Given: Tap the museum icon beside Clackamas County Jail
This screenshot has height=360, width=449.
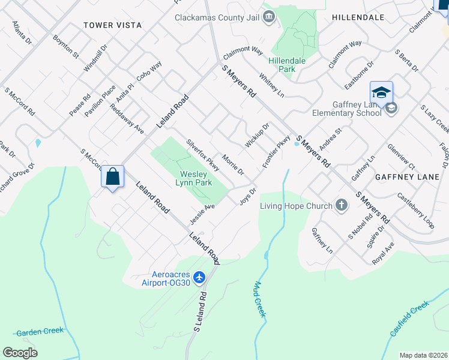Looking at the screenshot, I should pyautogui.click(x=269, y=16).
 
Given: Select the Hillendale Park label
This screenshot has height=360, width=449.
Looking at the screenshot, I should pyautogui.click(x=286, y=65).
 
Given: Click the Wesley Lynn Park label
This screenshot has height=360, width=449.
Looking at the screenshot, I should pyautogui.click(x=193, y=178).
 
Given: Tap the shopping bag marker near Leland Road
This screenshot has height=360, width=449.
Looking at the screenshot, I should pyautogui.click(x=112, y=177).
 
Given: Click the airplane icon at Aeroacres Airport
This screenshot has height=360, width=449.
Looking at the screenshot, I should pyautogui.click(x=200, y=277).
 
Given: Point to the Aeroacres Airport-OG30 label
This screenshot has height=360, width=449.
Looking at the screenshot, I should pyautogui.click(x=166, y=278).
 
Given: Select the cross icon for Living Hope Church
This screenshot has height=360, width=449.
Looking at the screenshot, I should pyautogui.click(x=342, y=206).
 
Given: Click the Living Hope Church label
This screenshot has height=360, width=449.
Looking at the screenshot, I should pyautogui.click(x=296, y=206).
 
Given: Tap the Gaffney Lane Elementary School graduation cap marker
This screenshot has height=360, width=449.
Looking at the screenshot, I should pyautogui.click(x=381, y=93).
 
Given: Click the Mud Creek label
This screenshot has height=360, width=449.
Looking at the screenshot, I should pyautogui.click(x=259, y=300).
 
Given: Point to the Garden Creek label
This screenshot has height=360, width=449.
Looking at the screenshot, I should pyautogui.click(x=40, y=332).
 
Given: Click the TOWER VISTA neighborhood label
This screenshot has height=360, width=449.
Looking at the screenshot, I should pyautogui.click(x=112, y=25).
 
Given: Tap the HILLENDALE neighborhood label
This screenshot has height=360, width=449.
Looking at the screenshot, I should pyautogui.click(x=358, y=17).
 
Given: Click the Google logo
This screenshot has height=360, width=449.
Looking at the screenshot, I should pyautogui.click(x=20, y=352).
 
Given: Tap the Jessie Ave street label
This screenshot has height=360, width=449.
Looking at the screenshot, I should pyautogui.click(x=203, y=211).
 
